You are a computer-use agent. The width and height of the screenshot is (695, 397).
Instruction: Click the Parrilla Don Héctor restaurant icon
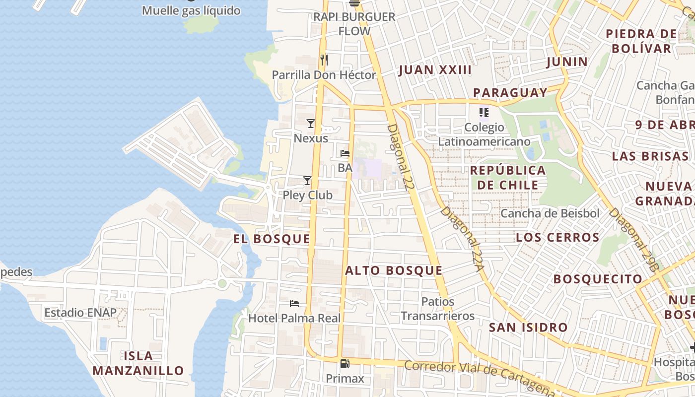coord(324,60)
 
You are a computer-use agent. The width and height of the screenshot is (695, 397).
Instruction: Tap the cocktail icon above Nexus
coord(311,123)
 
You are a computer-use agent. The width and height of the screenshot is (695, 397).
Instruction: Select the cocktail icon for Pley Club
coord(307,180)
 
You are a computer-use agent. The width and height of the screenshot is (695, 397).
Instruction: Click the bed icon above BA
coord(345,153)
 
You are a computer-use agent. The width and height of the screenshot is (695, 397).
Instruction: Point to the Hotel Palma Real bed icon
coord(294,303)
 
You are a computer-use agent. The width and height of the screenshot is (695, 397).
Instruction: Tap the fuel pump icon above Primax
coord(345,364)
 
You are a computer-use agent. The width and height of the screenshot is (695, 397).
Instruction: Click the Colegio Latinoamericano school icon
coord(484,113)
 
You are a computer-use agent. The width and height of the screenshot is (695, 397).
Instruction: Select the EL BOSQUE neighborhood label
coord(272,239)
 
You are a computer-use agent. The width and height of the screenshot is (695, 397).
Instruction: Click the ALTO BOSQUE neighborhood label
coord(394,270)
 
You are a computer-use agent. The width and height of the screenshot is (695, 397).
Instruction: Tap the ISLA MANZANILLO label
coord(138,363)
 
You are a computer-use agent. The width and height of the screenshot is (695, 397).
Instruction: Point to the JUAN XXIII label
coord(435,70)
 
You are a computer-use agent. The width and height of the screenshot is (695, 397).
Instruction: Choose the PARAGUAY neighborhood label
coord(510,93)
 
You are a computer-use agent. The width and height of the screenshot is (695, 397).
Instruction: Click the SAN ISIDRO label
coord(528,328)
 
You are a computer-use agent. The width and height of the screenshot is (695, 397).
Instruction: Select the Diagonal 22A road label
coord(462,239)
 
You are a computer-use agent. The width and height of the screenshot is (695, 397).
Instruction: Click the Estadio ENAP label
coord(80,313)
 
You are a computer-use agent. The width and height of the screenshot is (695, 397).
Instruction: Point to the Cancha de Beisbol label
coord(550,213)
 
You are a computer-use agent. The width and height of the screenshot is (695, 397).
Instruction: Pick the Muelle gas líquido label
coord(191,10)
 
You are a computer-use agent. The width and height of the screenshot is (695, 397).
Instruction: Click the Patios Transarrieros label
coord(437,309)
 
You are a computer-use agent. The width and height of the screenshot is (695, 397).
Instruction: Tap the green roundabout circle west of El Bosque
coord(222,283)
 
